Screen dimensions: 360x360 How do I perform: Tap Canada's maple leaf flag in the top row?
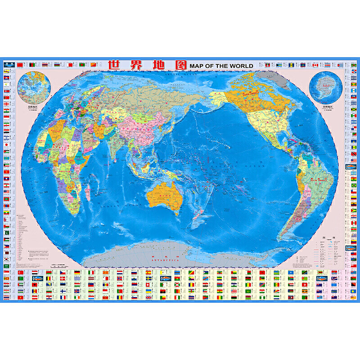[x=315, y=65]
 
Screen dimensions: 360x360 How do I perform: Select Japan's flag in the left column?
[x=6, y=145]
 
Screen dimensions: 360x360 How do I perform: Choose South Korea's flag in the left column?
[x=6, y=260]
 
